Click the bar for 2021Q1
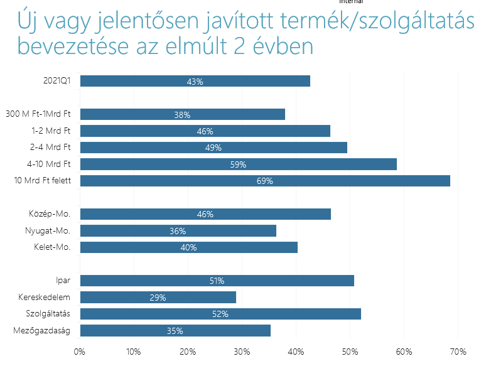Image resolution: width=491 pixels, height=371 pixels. click(195, 81)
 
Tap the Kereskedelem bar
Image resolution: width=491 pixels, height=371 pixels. click(158, 297)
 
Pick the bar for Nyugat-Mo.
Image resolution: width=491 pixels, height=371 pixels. click(178, 230)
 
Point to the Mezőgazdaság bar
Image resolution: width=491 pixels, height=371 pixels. click(175, 330)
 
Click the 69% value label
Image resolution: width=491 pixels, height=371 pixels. click(265, 181)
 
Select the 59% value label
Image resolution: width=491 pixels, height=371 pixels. click(238, 164)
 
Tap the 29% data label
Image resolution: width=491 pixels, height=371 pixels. click(158, 298)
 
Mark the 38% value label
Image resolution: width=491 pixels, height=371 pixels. click(182, 115)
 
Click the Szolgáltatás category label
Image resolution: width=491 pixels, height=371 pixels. click(48, 314)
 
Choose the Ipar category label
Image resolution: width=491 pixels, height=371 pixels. click(63, 281)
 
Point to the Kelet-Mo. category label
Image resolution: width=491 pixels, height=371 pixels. click(52, 247)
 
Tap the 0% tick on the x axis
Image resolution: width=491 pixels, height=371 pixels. click(79, 352)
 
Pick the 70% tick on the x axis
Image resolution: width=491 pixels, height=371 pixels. click(458, 352)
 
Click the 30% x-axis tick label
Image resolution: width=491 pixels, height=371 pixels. click(242, 352)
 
